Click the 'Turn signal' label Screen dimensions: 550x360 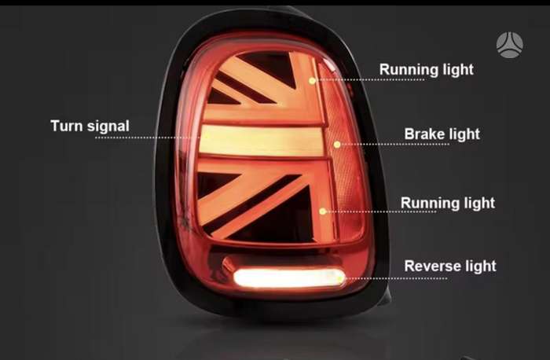click(90, 126)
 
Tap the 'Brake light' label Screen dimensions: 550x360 click(442, 134)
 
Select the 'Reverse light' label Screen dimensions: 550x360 click(450, 266)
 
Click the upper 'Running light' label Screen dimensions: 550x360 click(426, 69)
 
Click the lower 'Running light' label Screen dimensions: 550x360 click(448, 203)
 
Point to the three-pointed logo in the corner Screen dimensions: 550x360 click(510, 45)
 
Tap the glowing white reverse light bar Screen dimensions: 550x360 click(289, 278)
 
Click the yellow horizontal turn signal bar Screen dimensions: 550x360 click(262, 141)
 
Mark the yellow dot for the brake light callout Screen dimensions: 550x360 click(337, 144)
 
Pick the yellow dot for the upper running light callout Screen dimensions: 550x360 click(312, 81)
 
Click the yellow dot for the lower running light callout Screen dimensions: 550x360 click(323, 211)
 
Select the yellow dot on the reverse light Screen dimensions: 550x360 click(339, 279)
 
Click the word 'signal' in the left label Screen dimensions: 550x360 click(108, 127)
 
